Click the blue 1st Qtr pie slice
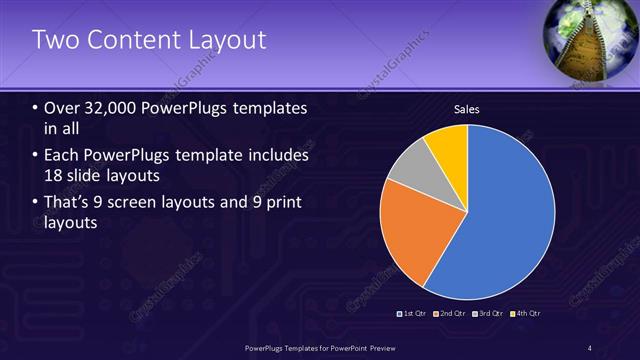click(x=510, y=215)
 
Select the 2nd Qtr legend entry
click(x=451, y=313)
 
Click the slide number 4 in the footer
click(x=590, y=347)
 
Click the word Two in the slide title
click(x=52, y=40)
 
